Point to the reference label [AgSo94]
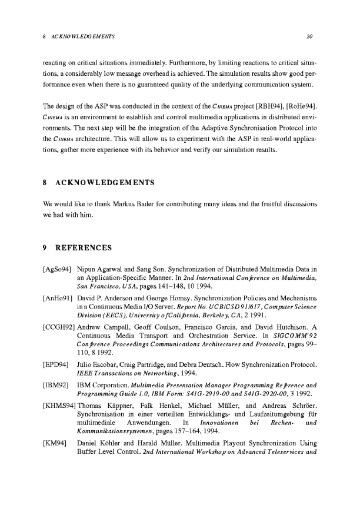[x=58, y=270]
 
